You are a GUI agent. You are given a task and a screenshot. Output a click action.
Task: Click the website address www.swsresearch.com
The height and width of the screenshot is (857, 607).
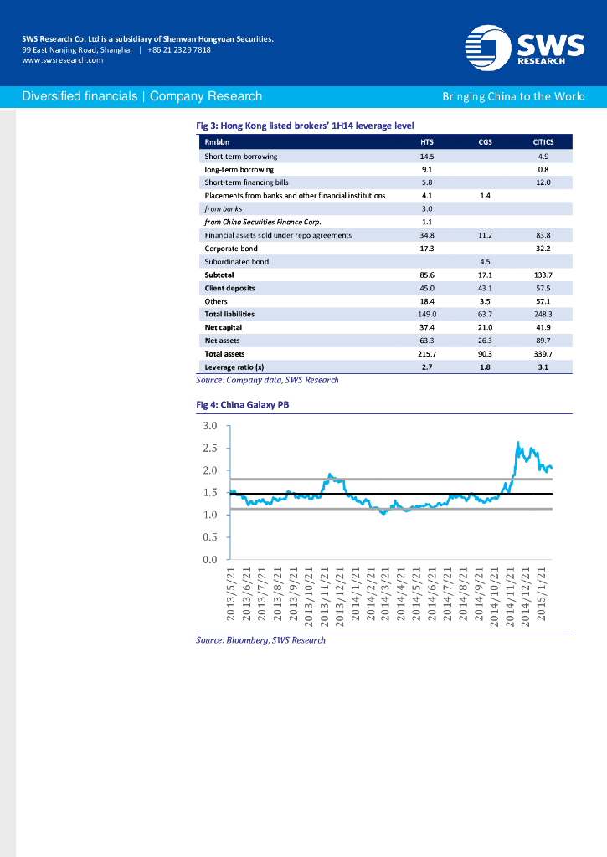(x=62, y=60)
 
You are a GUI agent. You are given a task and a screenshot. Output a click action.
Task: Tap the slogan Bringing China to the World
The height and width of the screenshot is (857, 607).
(x=513, y=96)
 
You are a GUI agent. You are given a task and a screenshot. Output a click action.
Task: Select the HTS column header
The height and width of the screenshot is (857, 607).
(x=427, y=142)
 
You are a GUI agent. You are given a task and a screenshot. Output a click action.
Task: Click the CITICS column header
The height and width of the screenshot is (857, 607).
(x=543, y=142)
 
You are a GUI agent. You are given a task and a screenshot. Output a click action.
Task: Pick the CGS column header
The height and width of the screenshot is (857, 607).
(x=485, y=142)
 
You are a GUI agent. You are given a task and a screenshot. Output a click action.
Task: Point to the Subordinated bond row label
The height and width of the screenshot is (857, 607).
(x=237, y=262)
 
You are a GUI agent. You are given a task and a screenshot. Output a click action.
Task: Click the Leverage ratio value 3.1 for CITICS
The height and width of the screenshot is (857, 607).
(x=543, y=367)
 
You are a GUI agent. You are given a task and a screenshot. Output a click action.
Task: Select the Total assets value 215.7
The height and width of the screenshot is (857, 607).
(x=427, y=354)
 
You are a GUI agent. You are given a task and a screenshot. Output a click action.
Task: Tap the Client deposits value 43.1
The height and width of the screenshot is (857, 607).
(x=485, y=288)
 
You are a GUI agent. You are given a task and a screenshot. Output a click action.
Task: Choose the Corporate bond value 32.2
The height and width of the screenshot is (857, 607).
(x=543, y=249)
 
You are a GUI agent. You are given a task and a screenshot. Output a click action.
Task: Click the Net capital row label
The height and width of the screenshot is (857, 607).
(x=224, y=327)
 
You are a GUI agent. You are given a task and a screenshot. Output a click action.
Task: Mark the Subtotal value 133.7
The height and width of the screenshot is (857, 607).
(x=543, y=275)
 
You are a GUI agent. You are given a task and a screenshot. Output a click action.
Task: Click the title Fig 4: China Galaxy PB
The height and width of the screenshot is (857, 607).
(x=243, y=404)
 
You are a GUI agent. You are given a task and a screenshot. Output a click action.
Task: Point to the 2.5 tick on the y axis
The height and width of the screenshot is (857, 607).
(x=211, y=448)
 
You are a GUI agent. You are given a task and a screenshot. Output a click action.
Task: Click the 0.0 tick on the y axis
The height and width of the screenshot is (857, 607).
(x=211, y=559)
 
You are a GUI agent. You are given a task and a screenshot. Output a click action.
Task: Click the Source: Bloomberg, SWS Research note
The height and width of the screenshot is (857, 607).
(x=260, y=640)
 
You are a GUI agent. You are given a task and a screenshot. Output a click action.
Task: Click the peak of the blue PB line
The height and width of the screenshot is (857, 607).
(x=518, y=443)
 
